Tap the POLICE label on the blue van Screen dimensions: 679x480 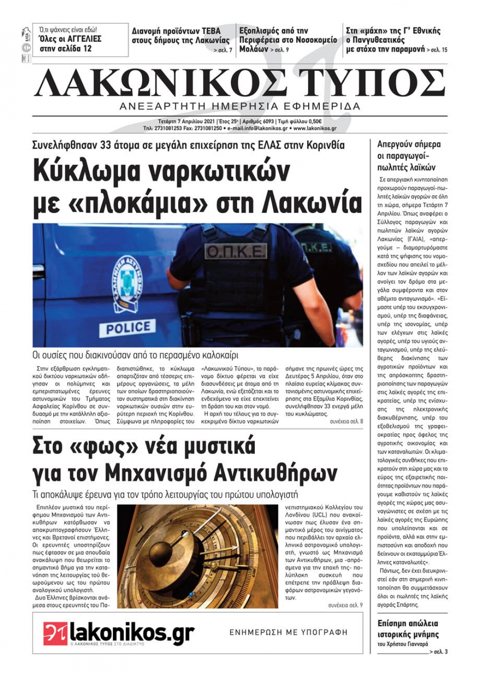128,328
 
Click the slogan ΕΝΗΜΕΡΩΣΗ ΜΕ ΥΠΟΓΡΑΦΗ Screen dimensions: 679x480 288,632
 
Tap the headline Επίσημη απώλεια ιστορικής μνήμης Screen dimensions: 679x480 408,629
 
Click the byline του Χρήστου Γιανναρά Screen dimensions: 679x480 402,644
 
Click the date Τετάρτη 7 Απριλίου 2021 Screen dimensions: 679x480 187,121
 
